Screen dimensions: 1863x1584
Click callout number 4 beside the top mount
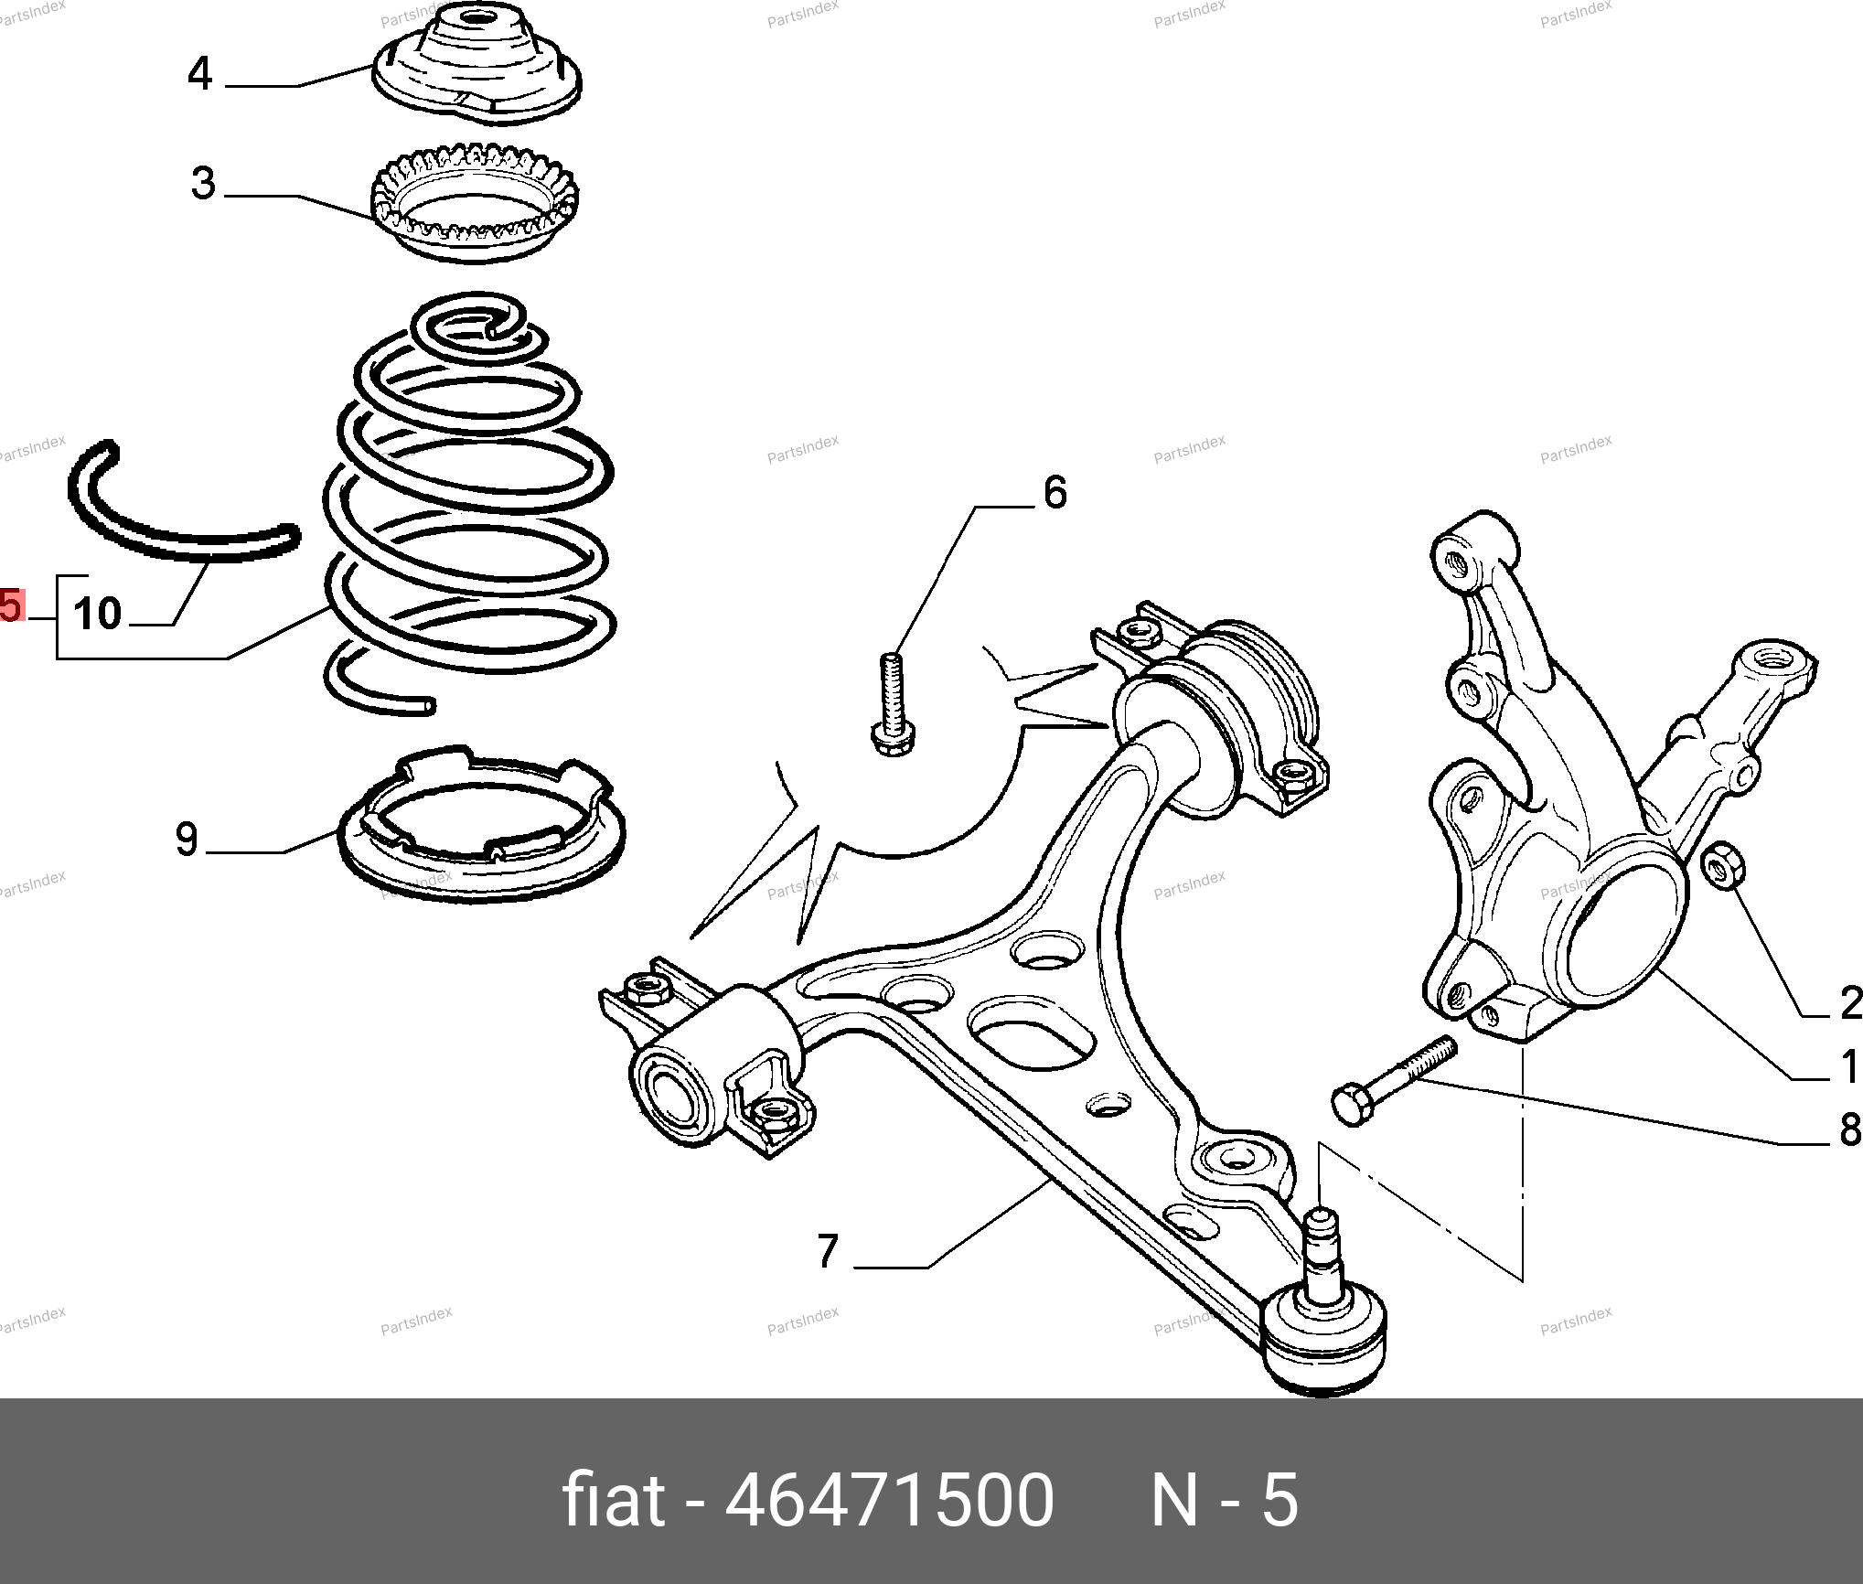pyautogui.click(x=200, y=73)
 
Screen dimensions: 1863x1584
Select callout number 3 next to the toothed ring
pyautogui.click(x=204, y=183)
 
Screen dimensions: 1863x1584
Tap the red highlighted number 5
pyautogui.click(x=10, y=605)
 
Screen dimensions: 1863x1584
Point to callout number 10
pyautogui.click(x=98, y=614)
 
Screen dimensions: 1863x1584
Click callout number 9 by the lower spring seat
pyautogui.click(x=187, y=839)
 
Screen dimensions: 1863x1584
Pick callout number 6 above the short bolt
pyautogui.click(x=1055, y=493)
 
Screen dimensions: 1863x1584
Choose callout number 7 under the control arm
pyautogui.click(x=828, y=1251)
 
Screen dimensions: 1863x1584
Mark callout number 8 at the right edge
pyautogui.click(x=1850, y=1130)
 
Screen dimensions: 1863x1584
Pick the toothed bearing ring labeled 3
pyautogui.click(x=476, y=201)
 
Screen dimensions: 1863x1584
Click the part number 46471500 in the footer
pyautogui.click(x=889, y=1501)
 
